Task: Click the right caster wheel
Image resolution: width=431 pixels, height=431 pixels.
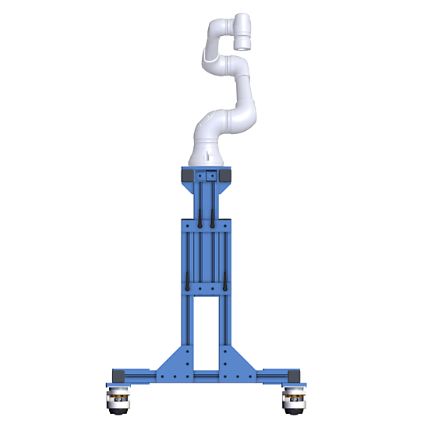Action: coord(294,400)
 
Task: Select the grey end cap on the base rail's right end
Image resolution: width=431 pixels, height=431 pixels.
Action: coord(298,376)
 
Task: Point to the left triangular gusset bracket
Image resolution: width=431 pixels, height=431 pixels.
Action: coord(173,362)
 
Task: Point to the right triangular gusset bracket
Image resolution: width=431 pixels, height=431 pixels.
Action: coord(239,362)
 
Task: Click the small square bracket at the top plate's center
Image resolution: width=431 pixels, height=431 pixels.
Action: coord(207,178)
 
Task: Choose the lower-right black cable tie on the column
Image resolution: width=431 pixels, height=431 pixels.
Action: coord(224,284)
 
